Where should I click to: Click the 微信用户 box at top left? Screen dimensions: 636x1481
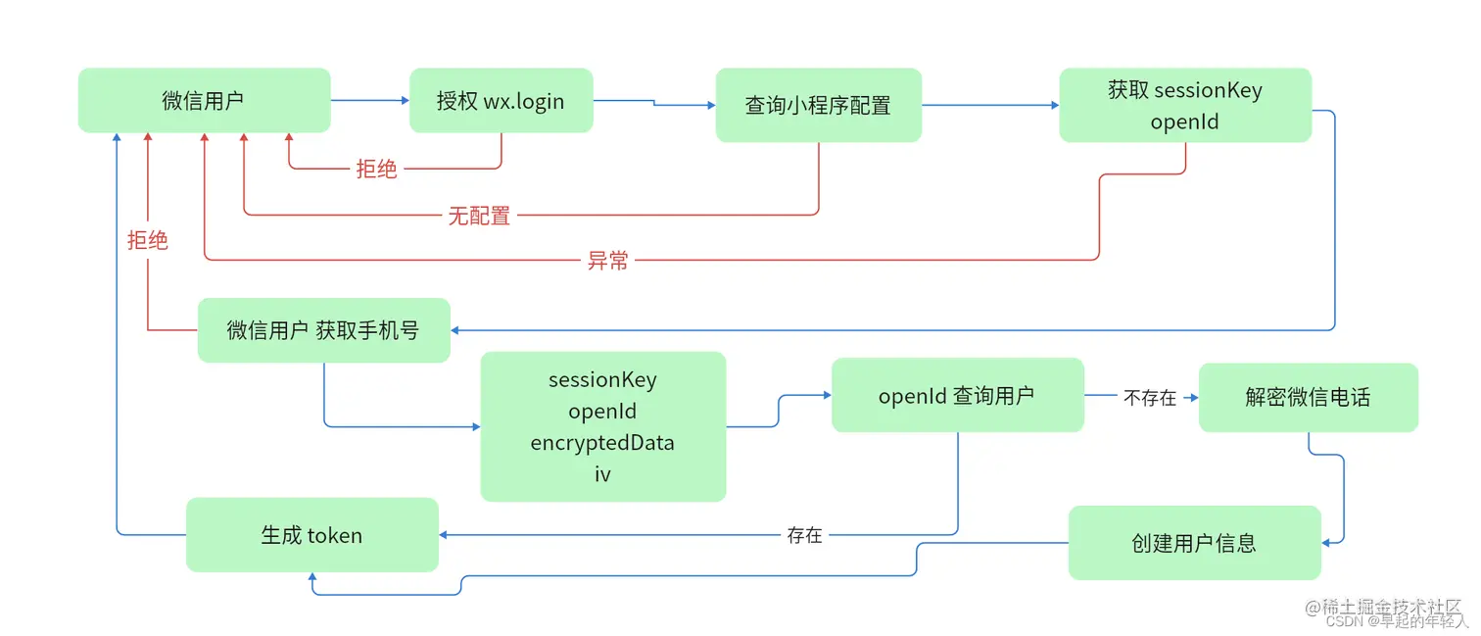(204, 100)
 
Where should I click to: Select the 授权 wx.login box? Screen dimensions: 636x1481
(501, 100)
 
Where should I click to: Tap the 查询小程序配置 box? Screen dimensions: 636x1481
(818, 105)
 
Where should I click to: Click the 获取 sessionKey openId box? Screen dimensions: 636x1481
(1184, 106)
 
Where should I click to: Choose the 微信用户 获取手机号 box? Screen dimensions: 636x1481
(323, 330)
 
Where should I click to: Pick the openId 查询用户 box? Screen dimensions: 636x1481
(957, 395)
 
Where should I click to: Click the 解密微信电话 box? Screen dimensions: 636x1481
(1308, 397)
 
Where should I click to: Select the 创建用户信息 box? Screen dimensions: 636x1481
(1194, 543)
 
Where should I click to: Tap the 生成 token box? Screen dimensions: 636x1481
(311, 535)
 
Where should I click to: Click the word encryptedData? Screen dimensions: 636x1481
(602, 443)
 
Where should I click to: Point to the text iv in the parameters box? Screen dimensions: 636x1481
(602, 474)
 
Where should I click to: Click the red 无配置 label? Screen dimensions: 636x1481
(479, 216)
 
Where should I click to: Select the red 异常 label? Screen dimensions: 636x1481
(607, 261)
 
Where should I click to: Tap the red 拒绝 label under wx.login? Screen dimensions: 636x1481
(376, 170)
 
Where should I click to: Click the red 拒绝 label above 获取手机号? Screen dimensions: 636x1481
(148, 240)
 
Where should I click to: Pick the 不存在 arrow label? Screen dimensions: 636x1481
(1150, 398)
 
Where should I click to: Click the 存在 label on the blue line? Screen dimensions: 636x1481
(804, 535)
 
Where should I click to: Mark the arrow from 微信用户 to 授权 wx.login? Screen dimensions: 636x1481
(369, 100)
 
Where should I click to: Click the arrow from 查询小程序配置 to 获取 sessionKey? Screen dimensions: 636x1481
(989, 105)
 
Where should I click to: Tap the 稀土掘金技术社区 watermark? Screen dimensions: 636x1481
(1390, 607)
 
